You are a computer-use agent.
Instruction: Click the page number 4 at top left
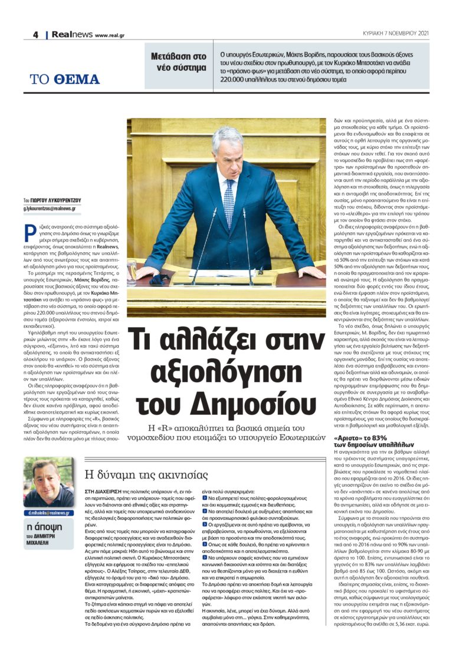pyautogui.click(x=35, y=35)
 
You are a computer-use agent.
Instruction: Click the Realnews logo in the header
pyautogui.click(x=71, y=35)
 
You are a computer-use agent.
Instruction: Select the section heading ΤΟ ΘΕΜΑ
pyautogui.click(x=65, y=80)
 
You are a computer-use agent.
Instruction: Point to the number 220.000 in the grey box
pyautogui.click(x=235, y=78)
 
